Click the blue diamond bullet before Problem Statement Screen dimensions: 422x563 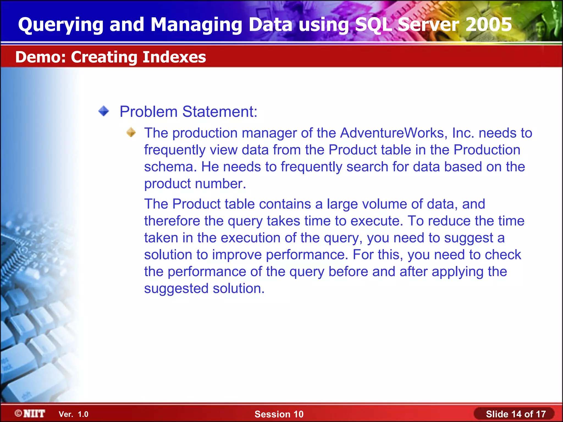pos(104,111)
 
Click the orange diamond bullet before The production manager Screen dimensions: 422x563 pos(131,132)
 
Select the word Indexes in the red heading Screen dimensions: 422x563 pos(174,57)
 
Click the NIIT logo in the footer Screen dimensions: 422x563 pos(30,413)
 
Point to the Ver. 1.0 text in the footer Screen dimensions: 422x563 pos(73,414)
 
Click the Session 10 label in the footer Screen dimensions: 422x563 pos(279,414)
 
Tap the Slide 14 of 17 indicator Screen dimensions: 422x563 pos(515,414)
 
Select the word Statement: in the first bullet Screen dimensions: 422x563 pos(220,112)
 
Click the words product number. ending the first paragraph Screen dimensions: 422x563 pos(195,184)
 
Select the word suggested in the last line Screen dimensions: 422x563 pos(176,289)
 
